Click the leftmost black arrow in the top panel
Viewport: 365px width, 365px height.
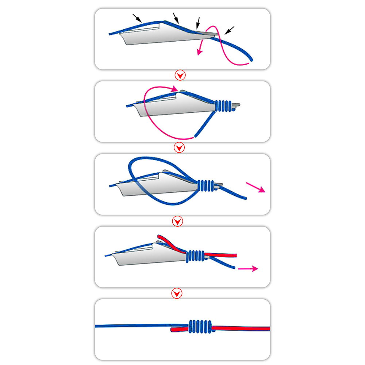pyautogui.click(x=137, y=18)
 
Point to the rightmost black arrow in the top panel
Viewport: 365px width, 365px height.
pyautogui.click(x=230, y=30)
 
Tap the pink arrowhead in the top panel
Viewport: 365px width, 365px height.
pyautogui.click(x=199, y=52)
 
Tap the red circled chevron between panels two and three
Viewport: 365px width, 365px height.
pyautogui.click(x=179, y=148)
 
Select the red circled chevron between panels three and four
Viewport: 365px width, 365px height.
pyautogui.click(x=177, y=221)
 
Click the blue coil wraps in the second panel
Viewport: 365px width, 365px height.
pyautogui.click(x=223, y=105)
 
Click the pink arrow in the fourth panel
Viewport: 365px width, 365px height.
pyautogui.click(x=248, y=269)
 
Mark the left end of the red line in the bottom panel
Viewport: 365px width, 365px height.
pyautogui.click(x=172, y=330)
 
